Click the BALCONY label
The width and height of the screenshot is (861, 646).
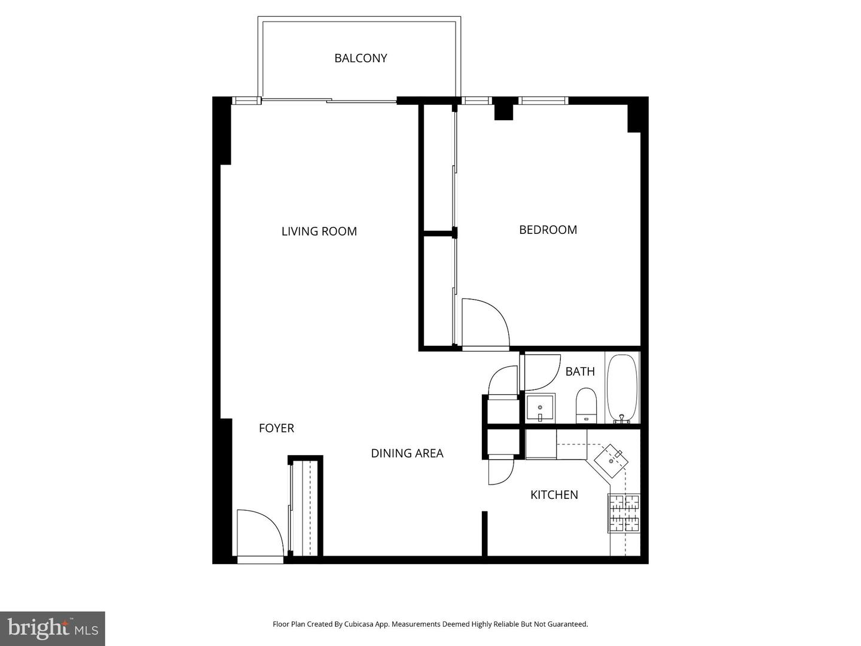(361, 58)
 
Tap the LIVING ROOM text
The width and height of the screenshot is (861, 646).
(319, 231)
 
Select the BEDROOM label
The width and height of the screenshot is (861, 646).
(548, 230)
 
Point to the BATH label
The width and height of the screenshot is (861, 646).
(580, 371)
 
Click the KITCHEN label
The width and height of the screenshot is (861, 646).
(554, 495)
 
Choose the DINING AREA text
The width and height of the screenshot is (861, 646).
(407, 453)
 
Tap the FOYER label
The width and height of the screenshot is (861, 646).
(276, 428)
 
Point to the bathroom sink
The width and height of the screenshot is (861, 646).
(541, 408)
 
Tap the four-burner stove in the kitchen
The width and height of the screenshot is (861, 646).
(624, 513)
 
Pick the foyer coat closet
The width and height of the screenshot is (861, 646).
(306, 507)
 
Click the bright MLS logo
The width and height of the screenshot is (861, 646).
(53, 628)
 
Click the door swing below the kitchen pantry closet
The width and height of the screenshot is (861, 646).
(500, 469)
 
